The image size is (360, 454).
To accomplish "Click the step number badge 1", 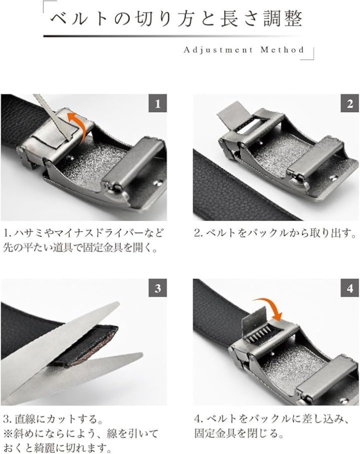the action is (158, 103).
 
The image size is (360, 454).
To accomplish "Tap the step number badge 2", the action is (350, 103).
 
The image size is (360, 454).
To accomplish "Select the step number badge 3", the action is (158, 288).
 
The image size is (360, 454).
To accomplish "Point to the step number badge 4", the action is (350, 288).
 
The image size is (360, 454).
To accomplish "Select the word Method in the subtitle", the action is (282, 49).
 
